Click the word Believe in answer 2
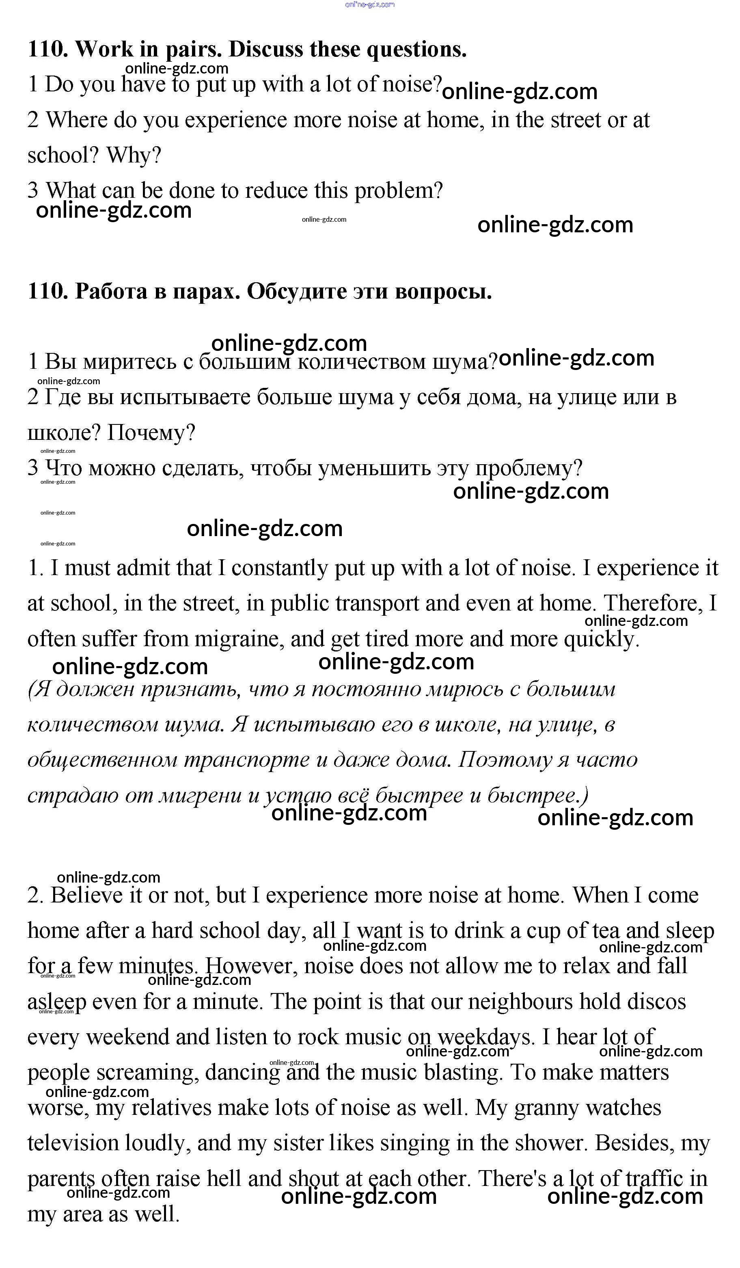(x=82, y=895)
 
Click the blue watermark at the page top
(x=370, y=4)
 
